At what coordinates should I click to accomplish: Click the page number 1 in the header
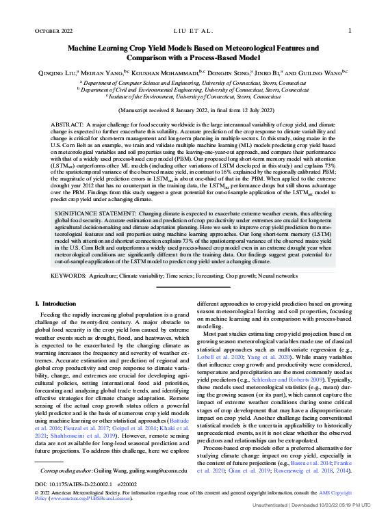click(x=350, y=31)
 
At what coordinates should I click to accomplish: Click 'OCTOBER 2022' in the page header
click(x=53, y=31)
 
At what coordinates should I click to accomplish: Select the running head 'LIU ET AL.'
click(x=194, y=31)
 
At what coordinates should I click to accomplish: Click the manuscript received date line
click(x=194, y=109)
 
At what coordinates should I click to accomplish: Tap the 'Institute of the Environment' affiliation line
click(x=194, y=97)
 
